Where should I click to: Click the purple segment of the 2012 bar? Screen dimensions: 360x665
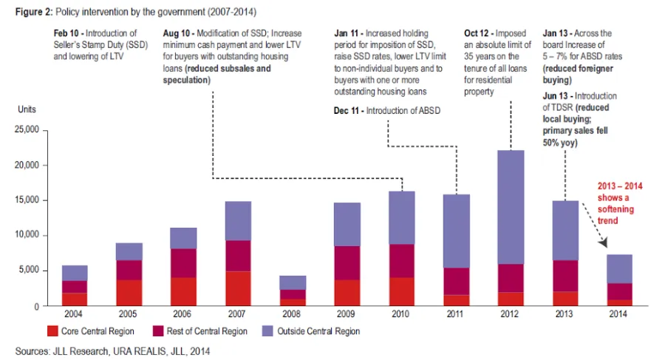[x=511, y=207]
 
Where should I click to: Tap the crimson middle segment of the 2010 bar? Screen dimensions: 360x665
[x=401, y=261]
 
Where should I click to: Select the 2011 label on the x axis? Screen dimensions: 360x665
[x=456, y=313]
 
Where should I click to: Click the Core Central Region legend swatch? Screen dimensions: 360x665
[x=52, y=331]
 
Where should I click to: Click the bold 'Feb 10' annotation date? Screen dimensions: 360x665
[x=68, y=33]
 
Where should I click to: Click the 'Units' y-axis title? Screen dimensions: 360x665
[x=27, y=109]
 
